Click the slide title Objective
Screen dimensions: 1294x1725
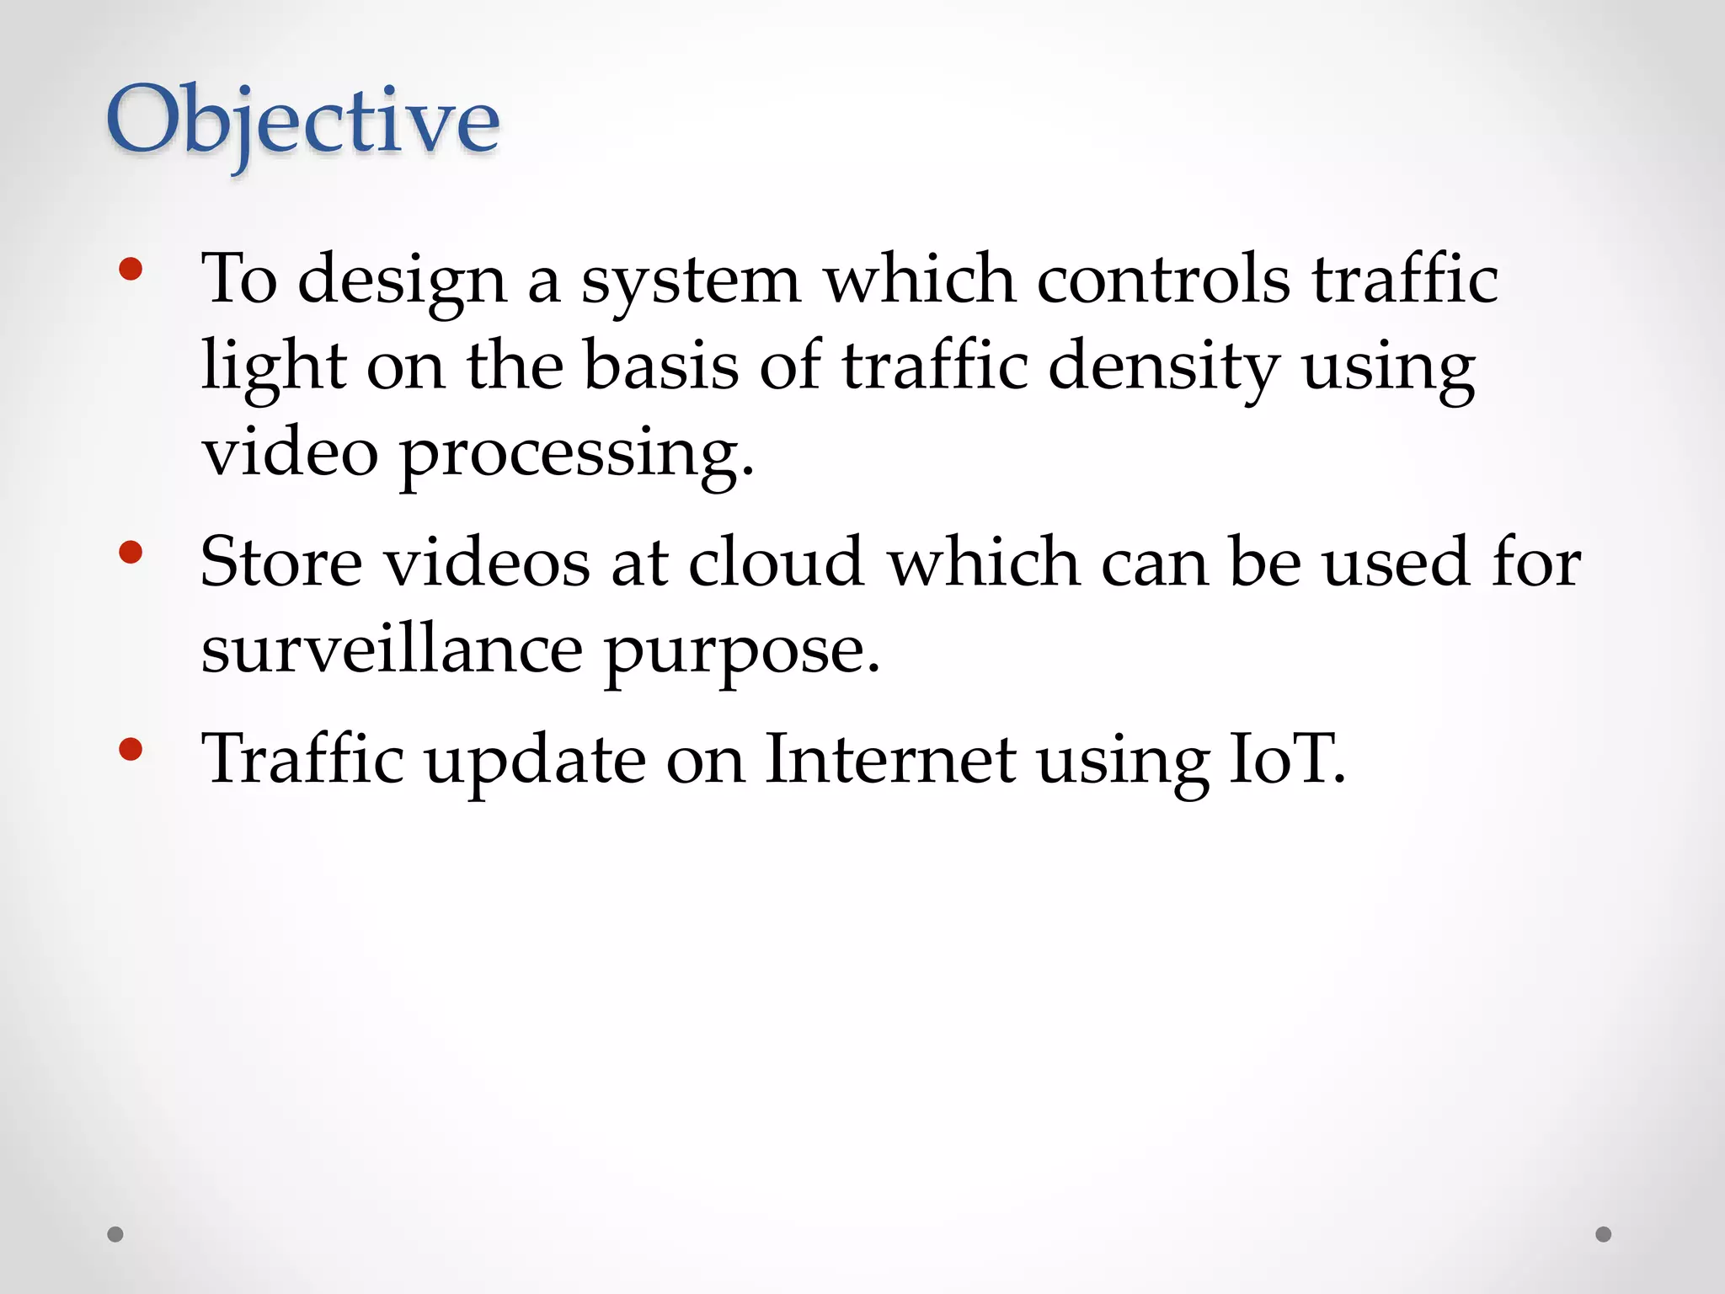click(x=303, y=122)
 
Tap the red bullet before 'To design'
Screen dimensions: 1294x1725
click(x=131, y=270)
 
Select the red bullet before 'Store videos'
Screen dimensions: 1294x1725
click(x=131, y=553)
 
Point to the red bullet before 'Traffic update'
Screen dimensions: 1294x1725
click(x=131, y=749)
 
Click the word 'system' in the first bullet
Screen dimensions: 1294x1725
click(x=691, y=282)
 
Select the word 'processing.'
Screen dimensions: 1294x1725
click(x=576, y=455)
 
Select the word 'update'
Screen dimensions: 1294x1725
click(x=535, y=762)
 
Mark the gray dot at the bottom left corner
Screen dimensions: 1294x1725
click(x=115, y=1234)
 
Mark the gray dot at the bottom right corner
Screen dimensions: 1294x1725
click(x=1604, y=1234)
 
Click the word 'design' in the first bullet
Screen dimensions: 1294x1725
click(x=402, y=282)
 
